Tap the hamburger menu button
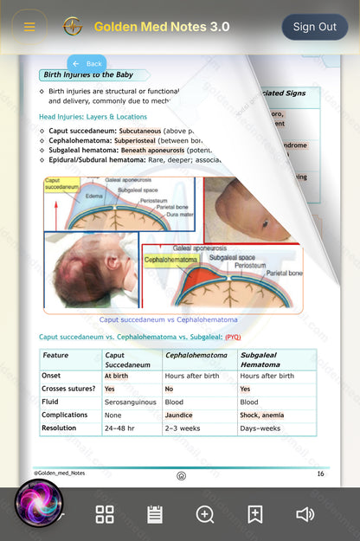click(29, 27)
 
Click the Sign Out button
click(314, 27)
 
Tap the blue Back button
click(87, 64)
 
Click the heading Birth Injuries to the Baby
click(94, 75)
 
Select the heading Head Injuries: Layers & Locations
click(93, 116)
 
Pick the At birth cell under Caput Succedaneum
click(117, 377)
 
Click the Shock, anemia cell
click(261, 415)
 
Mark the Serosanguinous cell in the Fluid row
click(130, 403)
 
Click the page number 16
click(320, 473)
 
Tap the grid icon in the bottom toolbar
click(105, 514)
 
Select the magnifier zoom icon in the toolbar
click(205, 514)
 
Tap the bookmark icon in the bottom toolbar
click(255, 514)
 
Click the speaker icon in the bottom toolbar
click(305, 514)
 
